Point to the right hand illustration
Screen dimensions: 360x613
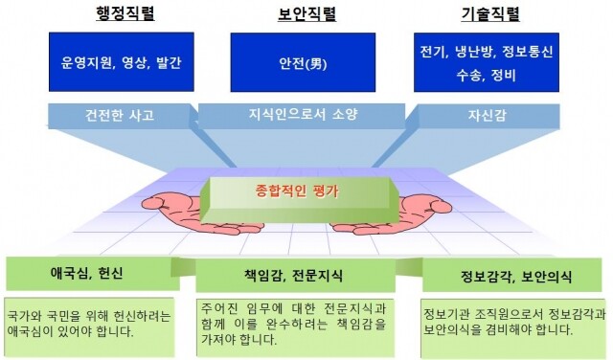pyautogui.click(x=422, y=213)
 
